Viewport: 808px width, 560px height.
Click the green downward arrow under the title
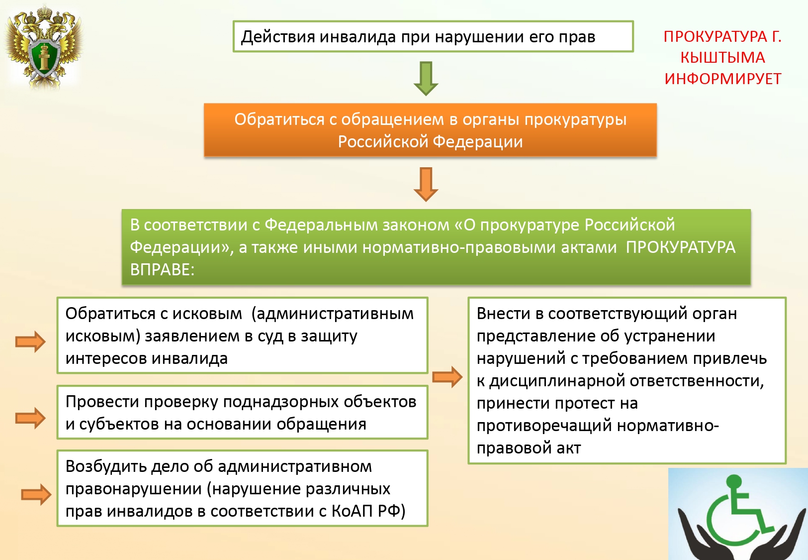[426, 78]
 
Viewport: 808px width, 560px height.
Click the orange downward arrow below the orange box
[426, 184]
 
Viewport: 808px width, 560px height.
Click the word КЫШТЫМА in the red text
[722, 58]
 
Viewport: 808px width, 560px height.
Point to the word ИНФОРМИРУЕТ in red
[722, 79]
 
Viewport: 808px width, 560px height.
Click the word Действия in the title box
[278, 37]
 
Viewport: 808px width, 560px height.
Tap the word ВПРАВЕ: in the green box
[162, 270]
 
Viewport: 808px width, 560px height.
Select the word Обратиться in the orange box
[279, 119]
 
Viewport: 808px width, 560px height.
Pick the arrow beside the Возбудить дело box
[36, 494]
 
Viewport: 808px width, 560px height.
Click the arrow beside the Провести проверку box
[30, 418]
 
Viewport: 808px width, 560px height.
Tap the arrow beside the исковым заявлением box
[30, 341]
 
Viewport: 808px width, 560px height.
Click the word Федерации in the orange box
[478, 142]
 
